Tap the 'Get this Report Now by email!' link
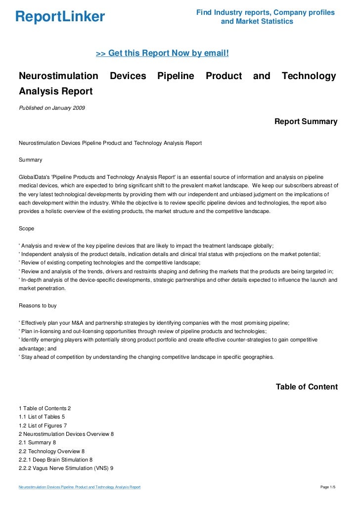coord(162,53)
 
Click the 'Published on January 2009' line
coord(51,108)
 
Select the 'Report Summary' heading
coord(306,122)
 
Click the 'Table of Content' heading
coord(307,387)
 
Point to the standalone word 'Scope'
coord(27,229)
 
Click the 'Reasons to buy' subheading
coord(39,305)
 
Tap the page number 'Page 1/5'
coord(328,488)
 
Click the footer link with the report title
coord(80,488)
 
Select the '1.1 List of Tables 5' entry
coord(42,417)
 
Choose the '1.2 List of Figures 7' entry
coord(43,425)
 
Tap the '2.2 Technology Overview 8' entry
coord(51,451)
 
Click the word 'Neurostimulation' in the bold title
coord(58,76)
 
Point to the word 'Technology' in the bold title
coord(309,76)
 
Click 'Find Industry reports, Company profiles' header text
coord(266,12)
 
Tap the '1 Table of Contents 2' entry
coord(45,408)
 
